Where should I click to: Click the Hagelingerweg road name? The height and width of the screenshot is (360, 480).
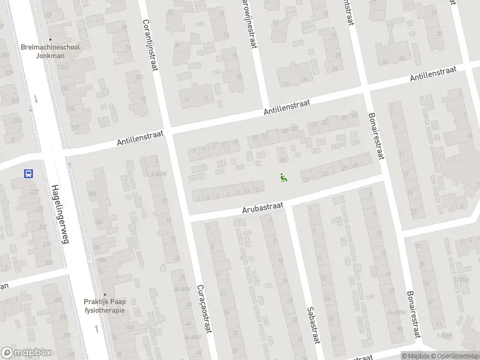(x=61, y=214)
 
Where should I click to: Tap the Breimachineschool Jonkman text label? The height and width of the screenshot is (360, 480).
(x=50, y=51)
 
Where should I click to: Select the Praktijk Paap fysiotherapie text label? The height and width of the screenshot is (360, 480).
(x=104, y=306)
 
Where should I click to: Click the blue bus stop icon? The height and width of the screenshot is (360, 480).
(x=28, y=174)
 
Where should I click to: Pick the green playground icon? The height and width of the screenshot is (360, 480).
(x=283, y=177)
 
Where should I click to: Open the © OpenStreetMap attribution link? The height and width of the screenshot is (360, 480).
(x=454, y=356)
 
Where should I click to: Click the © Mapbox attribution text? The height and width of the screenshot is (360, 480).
(x=415, y=356)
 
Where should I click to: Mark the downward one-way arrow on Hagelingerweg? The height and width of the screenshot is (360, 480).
(x=36, y=99)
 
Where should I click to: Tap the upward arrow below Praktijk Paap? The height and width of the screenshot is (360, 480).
(x=97, y=329)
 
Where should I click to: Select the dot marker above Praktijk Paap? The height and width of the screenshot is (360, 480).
(x=104, y=293)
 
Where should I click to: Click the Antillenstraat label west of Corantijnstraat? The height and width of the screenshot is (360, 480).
(x=140, y=140)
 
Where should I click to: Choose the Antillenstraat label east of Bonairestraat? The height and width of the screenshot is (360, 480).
(x=433, y=74)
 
